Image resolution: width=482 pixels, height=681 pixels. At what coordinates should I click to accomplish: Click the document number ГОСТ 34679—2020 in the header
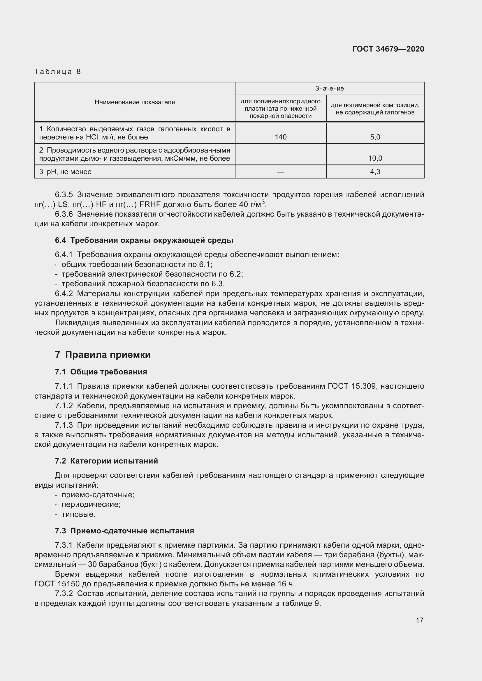[388, 49]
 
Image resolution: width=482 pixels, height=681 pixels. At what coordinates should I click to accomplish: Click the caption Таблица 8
[58, 72]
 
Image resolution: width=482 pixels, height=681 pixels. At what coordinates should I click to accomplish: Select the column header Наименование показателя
[135, 102]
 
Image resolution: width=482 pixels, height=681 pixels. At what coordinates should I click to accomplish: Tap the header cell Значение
[330, 89]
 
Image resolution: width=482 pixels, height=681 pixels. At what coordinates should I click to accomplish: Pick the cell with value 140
[280, 137]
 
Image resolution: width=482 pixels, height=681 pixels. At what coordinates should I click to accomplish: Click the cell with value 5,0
[375, 137]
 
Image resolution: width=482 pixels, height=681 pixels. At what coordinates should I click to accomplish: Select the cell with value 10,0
[375, 158]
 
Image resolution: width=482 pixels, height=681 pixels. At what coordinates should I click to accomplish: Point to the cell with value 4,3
[375, 171]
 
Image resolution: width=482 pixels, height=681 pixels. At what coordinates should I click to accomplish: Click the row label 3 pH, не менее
[65, 172]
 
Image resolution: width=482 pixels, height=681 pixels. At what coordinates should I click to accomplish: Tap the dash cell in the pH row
[280, 172]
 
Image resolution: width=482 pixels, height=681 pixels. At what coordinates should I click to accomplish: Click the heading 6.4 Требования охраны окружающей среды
[144, 240]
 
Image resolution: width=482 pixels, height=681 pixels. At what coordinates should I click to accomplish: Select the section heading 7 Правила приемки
[103, 355]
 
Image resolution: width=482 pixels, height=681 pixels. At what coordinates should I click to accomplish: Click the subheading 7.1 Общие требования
[101, 372]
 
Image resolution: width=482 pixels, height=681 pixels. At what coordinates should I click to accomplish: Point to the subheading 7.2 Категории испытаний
[106, 461]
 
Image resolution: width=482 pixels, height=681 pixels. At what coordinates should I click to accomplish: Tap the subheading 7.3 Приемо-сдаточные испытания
[124, 531]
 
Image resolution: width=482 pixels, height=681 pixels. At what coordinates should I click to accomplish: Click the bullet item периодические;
[91, 504]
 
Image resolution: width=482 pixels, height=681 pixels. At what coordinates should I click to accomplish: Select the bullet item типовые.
[78, 514]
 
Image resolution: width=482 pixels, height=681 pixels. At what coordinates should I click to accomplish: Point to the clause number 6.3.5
[64, 194]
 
